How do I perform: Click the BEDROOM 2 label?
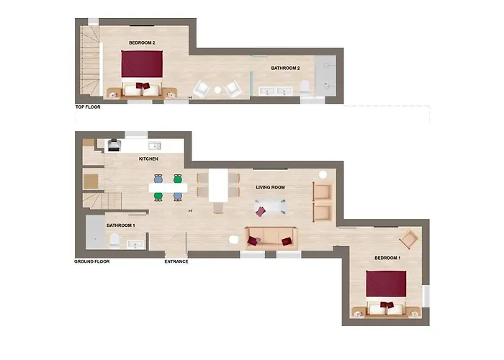coord(142,42)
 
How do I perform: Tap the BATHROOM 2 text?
coord(285,68)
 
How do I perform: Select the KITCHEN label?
coord(148,159)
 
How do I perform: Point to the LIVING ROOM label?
coord(270,187)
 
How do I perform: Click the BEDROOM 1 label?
coord(387,258)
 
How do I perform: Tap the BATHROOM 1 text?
coord(121,225)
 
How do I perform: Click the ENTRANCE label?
coord(176,261)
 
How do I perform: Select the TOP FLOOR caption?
coord(88,107)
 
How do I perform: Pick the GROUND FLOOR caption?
coord(92,261)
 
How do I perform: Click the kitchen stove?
coord(114,145)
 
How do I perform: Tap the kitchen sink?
coord(155,146)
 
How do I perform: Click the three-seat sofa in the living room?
coord(271,238)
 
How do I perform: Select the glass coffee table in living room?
coord(270,207)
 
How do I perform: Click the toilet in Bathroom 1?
coord(114,241)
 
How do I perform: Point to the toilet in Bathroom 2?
coord(305,88)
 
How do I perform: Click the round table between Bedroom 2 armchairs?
coord(217,90)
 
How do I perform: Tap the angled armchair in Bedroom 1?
coord(409,239)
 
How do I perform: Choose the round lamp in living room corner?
coord(323,174)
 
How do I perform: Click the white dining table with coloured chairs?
coord(168,188)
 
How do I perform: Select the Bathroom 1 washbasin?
coord(135,245)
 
